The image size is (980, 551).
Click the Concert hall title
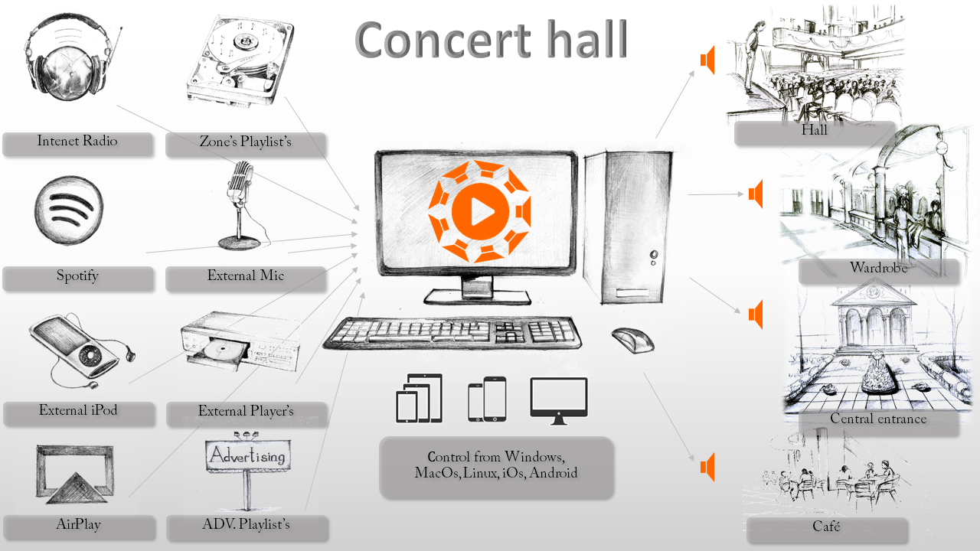click(x=491, y=39)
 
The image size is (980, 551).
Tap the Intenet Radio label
click(x=77, y=141)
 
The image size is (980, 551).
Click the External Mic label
click(x=246, y=275)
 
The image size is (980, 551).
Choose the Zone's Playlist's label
click(x=245, y=142)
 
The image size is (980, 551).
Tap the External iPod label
click(x=78, y=410)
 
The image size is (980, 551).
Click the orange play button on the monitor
click(x=478, y=211)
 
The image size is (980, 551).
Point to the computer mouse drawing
click(x=632, y=339)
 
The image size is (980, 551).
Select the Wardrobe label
click(x=878, y=268)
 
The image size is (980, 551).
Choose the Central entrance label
click(x=878, y=419)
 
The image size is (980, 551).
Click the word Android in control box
click(x=554, y=473)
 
